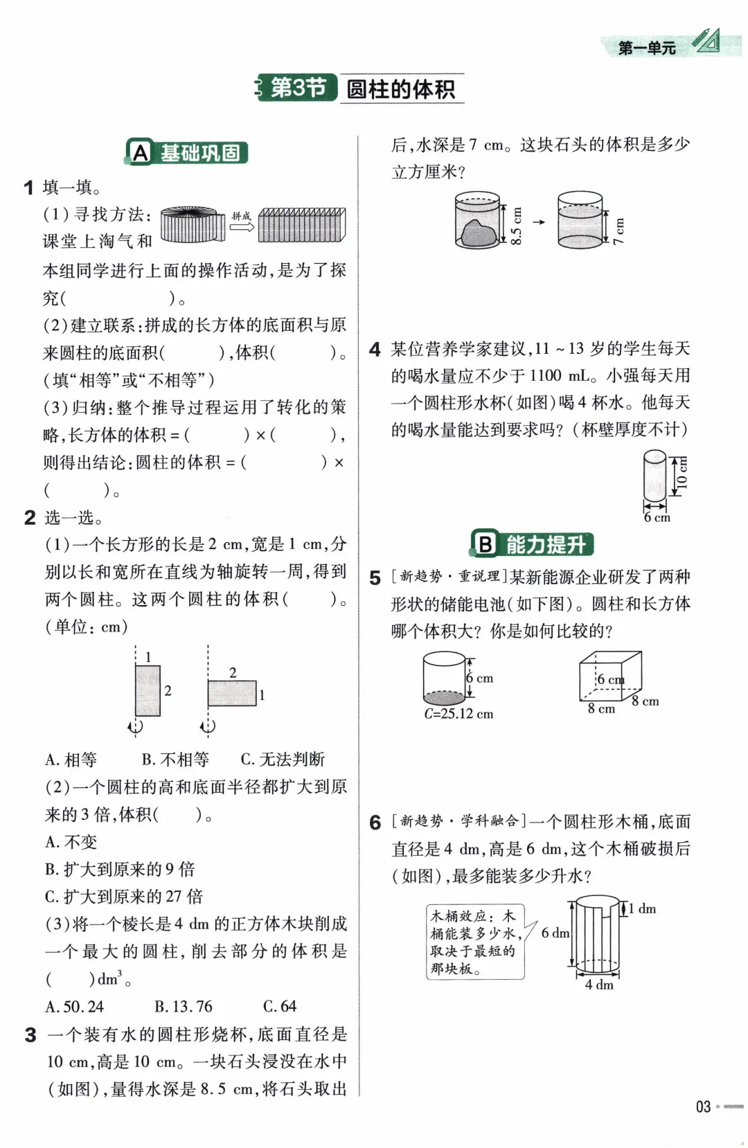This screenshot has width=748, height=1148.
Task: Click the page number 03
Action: click(703, 1106)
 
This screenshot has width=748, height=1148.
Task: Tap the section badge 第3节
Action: click(298, 88)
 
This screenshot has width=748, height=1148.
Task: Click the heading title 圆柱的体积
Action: click(401, 89)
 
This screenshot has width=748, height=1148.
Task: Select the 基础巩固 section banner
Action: click(187, 152)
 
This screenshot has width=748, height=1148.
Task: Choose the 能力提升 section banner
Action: click(533, 544)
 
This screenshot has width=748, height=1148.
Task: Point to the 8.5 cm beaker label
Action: click(516, 225)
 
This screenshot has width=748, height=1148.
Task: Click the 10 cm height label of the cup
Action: click(682, 474)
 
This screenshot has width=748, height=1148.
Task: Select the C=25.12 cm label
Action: click(458, 714)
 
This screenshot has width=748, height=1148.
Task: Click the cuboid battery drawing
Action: click(609, 676)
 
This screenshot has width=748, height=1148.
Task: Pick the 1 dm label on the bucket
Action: click(642, 908)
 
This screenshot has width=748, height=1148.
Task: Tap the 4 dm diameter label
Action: click(599, 985)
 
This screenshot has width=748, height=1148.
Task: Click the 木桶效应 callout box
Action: click(474, 941)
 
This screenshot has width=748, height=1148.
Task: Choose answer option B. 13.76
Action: click(183, 1006)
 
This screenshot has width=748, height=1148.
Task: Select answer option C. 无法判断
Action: click(283, 760)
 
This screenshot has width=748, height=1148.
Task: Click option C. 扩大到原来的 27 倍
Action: click(124, 897)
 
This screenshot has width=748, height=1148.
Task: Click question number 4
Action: click(375, 350)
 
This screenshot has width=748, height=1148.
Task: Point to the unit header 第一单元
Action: click(647, 48)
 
